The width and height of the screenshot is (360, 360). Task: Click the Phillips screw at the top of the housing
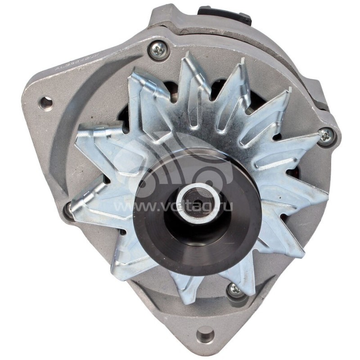[x=158, y=49]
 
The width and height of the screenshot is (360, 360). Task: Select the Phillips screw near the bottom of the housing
[x=235, y=290]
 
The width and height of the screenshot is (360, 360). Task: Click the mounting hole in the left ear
[x=45, y=103]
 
